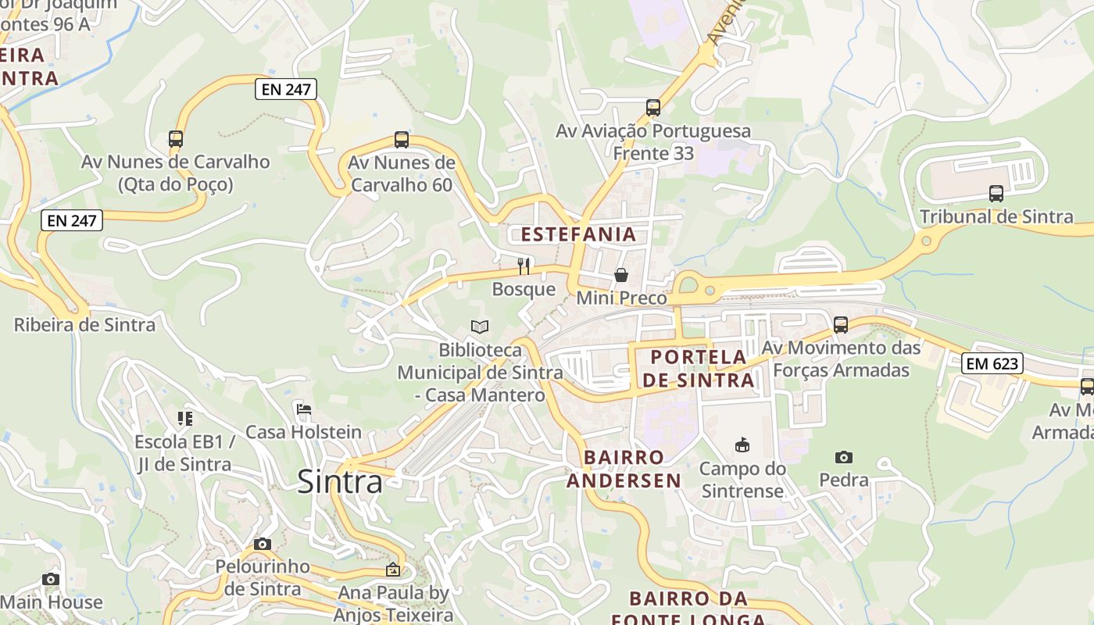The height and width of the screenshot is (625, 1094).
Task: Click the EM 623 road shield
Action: tap(992, 363)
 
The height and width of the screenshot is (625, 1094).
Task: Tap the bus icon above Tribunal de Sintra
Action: tap(996, 193)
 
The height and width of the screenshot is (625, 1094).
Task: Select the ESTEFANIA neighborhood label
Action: tap(579, 234)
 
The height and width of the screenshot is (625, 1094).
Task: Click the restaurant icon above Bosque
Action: tap(524, 266)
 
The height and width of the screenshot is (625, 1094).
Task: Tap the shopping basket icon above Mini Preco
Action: tap(621, 275)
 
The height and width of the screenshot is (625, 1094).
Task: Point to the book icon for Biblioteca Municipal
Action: tap(480, 327)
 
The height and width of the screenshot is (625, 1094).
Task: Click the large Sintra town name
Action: tap(340, 481)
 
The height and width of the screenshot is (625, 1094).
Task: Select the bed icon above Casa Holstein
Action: tap(304, 409)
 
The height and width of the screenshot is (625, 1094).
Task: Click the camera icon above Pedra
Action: tap(843, 457)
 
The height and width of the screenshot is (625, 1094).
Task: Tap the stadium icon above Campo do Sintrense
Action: tap(742, 445)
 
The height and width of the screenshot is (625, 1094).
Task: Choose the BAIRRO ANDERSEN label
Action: tap(624, 468)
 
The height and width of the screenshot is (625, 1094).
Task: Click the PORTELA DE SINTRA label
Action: tap(697, 369)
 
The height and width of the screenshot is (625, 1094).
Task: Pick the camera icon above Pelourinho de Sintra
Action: tap(263, 544)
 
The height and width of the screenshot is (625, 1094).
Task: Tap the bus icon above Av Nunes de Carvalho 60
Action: tap(402, 140)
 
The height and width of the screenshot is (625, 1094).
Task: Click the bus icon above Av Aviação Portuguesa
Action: tap(653, 108)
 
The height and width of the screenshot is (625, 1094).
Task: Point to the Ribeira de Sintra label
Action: tap(84, 324)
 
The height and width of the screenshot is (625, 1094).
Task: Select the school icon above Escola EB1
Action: tap(184, 419)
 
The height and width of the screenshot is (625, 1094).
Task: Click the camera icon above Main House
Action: tap(51, 579)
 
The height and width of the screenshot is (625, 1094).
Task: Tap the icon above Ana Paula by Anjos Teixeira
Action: tap(392, 570)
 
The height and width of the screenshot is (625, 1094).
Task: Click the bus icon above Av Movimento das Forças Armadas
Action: tap(841, 324)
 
